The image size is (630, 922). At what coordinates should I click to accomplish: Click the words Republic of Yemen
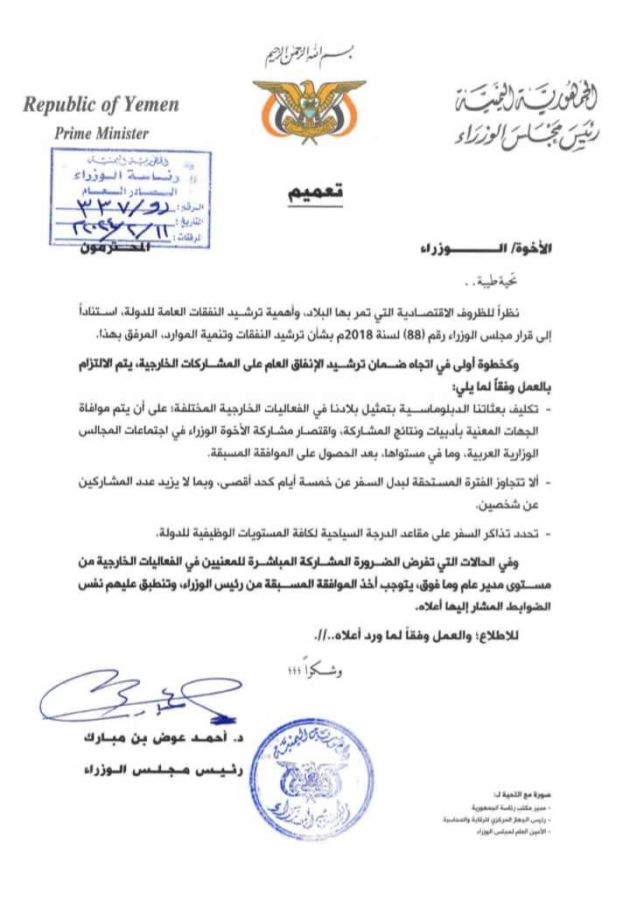coord(101,106)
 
